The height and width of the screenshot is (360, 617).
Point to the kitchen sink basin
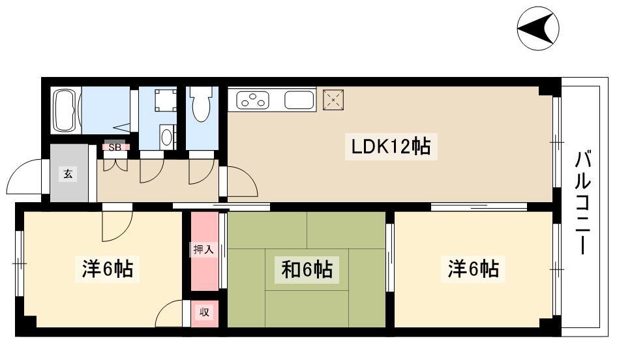tap(299, 100)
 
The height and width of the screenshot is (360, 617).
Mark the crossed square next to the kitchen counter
tap(333, 100)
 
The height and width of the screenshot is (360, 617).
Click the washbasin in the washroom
tap(166, 137)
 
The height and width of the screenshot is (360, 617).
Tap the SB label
tap(115, 147)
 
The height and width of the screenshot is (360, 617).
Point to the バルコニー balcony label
tap(585, 202)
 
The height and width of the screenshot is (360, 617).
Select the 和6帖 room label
tap(307, 269)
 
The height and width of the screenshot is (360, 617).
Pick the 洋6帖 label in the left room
tap(107, 269)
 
